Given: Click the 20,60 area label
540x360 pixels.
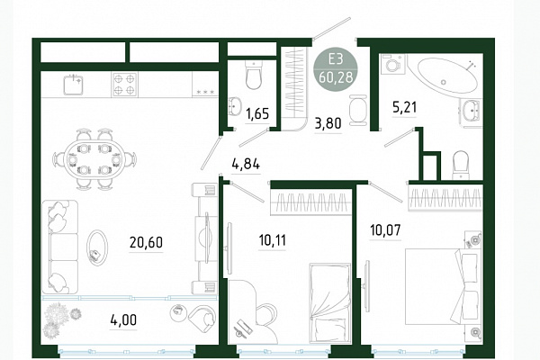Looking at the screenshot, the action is (x=146, y=242).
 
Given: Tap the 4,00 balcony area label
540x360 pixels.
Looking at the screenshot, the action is (x=123, y=319).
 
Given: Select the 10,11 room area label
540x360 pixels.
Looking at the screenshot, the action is (x=272, y=239).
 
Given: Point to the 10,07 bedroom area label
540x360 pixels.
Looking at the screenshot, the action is (x=385, y=229).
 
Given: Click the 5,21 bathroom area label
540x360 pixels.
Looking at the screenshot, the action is (x=405, y=107).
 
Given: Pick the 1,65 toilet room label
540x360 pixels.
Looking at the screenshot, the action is (x=256, y=113).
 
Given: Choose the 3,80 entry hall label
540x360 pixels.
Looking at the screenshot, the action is (x=328, y=123).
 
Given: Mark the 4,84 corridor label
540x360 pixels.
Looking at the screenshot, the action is (x=246, y=164).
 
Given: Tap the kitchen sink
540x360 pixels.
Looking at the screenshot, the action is (x=74, y=85).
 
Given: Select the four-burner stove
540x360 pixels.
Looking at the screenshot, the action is (x=124, y=85).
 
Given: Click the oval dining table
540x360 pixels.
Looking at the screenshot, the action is (x=94, y=159).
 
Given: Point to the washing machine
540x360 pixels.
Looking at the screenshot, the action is (x=392, y=65).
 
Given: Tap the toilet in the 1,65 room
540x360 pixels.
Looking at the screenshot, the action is (x=254, y=75).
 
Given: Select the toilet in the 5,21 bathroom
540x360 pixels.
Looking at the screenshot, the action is (x=460, y=166).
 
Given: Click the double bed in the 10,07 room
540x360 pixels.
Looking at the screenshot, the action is (x=442, y=286).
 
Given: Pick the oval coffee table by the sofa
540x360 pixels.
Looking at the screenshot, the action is (x=97, y=247).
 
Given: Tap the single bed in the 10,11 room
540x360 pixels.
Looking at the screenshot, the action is (x=329, y=303).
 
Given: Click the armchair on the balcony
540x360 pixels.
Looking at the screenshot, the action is (x=202, y=317).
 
